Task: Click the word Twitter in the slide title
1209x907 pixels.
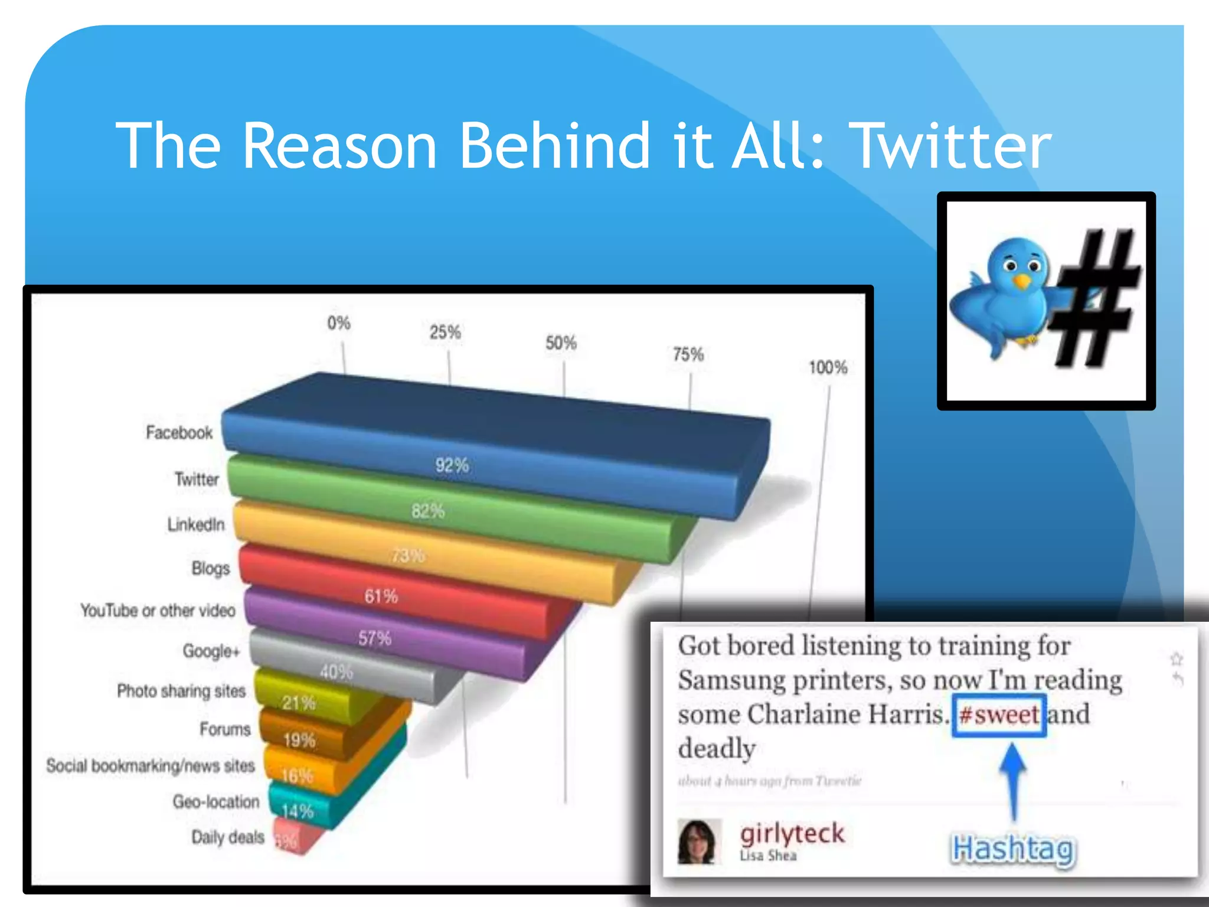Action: tap(952, 146)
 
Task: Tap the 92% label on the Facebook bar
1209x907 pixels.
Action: tap(452, 465)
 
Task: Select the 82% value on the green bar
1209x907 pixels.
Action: tap(428, 511)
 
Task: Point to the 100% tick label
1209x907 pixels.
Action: tap(828, 368)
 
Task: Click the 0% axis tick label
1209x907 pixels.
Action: tap(339, 323)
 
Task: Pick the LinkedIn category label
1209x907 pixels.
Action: tap(196, 524)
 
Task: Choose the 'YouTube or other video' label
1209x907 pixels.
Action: tap(158, 610)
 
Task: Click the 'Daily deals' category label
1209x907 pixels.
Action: tap(228, 837)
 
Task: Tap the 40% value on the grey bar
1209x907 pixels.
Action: tap(336, 672)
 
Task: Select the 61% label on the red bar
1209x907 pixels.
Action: tap(381, 596)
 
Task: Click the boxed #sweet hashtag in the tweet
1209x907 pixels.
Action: tap(999, 715)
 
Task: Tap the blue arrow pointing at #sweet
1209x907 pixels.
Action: tap(1013, 779)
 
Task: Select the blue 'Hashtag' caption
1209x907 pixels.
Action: tap(1013, 849)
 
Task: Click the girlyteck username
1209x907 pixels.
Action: tap(792, 833)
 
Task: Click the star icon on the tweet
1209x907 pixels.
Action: tap(1176, 658)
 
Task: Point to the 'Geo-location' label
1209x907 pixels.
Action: tap(216, 801)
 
